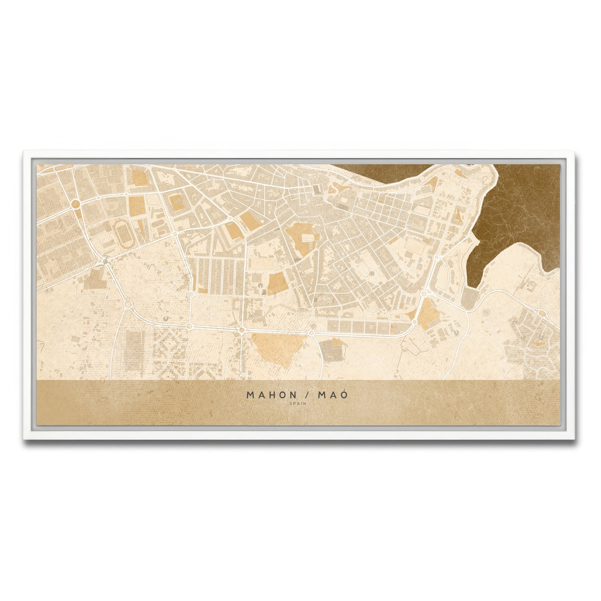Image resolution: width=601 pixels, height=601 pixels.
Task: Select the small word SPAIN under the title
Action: (x=297, y=404)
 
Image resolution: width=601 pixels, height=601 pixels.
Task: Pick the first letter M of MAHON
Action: (x=250, y=395)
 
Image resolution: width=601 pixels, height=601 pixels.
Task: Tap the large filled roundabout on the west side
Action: (x=76, y=204)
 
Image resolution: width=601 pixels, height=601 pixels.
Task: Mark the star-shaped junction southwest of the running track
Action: (x=105, y=260)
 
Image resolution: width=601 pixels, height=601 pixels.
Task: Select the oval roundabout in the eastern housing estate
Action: (x=541, y=314)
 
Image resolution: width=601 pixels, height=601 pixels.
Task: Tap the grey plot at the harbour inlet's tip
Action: (x=470, y=299)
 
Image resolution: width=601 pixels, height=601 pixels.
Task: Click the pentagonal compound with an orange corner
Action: (x=333, y=349)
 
